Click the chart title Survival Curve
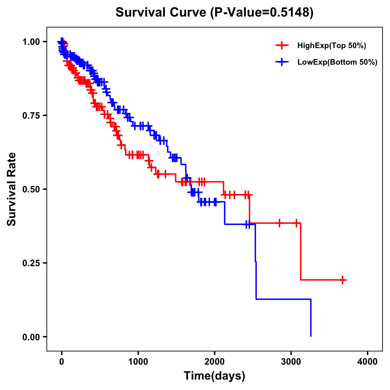coord(161,13)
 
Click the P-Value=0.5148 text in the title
coord(262,13)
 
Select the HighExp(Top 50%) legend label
coord(331,46)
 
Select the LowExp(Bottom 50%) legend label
coord(337,62)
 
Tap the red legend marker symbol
coord(282,46)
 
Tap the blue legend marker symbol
coord(282,62)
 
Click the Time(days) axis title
coord(214,376)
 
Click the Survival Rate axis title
coord(12,189)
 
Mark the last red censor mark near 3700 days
coord(343,280)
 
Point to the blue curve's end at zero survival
coord(311,336)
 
